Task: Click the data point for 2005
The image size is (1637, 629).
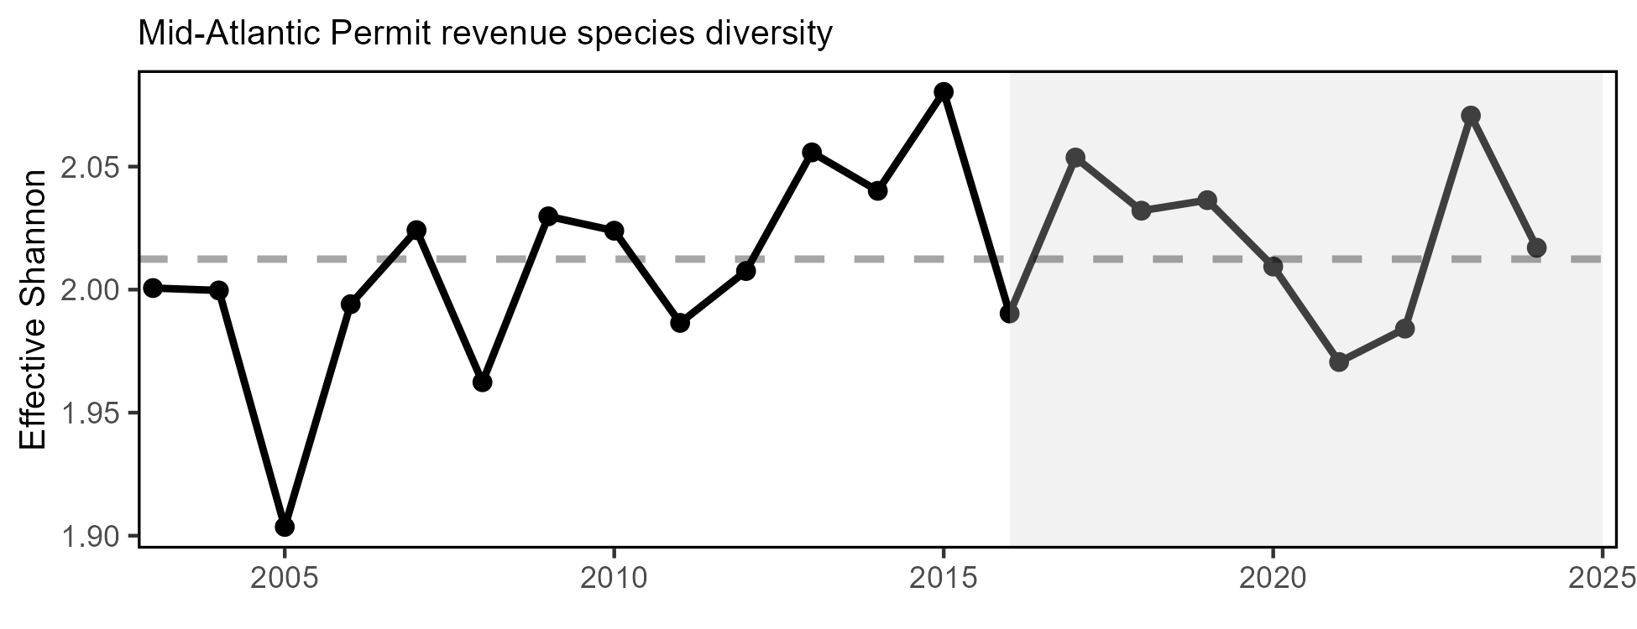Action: pos(285,527)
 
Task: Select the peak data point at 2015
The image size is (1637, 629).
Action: pos(944,91)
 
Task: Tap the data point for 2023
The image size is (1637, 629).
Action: pos(1470,116)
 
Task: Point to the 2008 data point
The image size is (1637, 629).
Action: pos(482,382)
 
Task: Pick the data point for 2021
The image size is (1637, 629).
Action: pos(1339,362)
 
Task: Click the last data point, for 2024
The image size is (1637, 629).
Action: pos(1536,247)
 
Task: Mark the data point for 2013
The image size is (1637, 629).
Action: pos(812,152)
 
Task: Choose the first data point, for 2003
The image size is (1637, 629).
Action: pos(153,288)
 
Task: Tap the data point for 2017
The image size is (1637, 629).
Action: pos(1075,158)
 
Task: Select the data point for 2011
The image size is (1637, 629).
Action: pos(680,323)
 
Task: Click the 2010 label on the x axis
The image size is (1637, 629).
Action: pos(614,580)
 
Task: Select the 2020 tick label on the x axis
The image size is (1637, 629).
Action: pos(1273,580)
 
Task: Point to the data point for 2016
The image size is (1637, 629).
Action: pos(1009,314)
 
